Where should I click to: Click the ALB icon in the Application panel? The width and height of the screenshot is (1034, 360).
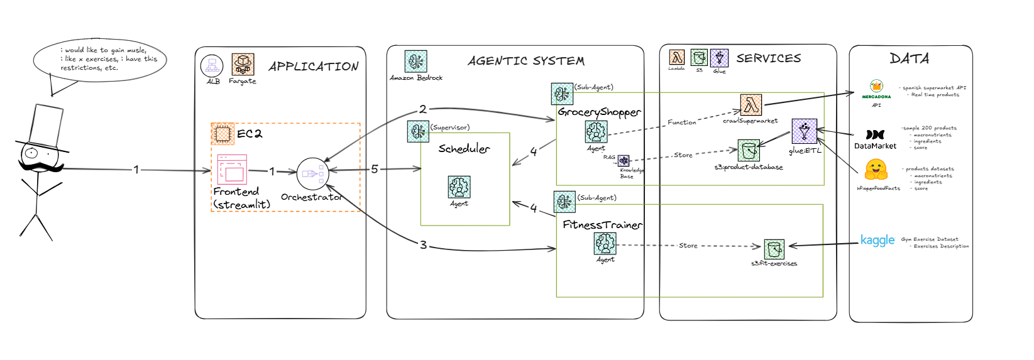tap(212, 65)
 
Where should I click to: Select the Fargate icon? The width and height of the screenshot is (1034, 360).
tap(243, 64)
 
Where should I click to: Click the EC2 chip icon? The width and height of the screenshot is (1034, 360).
tap(223, 134)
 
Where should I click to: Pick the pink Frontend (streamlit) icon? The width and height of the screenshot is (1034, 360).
tap(232, 169)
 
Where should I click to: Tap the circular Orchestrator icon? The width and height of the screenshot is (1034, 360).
tap(312, 173)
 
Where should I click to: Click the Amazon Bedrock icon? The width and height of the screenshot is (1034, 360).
tap(415, 62)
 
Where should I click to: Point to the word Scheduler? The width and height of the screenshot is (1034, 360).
tap(464, 149)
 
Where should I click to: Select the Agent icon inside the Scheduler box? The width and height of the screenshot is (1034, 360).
tap(459, 187)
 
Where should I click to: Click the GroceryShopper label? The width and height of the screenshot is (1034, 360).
tap(599, 112)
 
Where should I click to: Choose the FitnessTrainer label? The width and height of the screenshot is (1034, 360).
tap(602, 224)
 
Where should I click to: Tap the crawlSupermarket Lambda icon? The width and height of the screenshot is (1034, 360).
tap(751, 105)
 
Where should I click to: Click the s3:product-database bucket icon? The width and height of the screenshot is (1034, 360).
tap(748, 151)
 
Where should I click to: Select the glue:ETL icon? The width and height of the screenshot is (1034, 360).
tap(805, 131)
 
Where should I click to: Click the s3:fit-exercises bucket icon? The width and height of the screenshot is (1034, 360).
tap(774, 249)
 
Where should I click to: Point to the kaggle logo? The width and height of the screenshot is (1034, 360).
tap(877, 241)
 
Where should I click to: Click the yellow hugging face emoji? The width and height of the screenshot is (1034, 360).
tap(876, 170)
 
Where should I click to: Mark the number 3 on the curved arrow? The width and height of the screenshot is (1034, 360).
tap(423, 245)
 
